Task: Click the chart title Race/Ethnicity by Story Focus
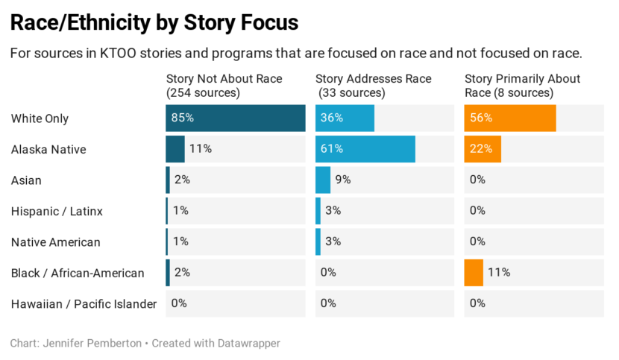tap(154, 22)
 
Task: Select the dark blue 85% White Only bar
tap(235, 118)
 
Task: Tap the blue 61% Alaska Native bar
tap(365, 149)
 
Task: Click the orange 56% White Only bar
tap(509, 118)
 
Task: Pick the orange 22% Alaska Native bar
tap(483, 149)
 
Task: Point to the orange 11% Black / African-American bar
tap(474, 273)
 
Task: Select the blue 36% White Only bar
tap(345, 118)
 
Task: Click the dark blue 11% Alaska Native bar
tap(175, 149)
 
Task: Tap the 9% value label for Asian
tap(343, 180)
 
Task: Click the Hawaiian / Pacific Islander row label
tap(84, 303)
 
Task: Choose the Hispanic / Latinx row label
tap(57, 211)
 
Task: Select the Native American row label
tap(55, 242)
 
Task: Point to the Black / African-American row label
tap(78, 273)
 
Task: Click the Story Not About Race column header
tap(224, 86)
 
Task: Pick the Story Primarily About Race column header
tap(522, 86)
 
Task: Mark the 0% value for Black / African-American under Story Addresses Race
tap(328, 273)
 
